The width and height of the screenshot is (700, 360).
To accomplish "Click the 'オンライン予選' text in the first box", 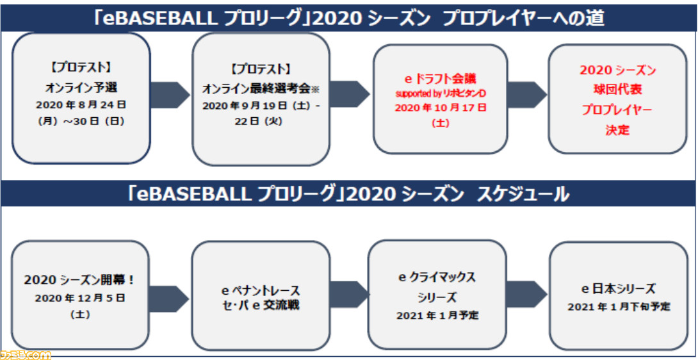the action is [81, 87].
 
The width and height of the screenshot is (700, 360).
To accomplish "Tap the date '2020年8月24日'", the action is [81, 106].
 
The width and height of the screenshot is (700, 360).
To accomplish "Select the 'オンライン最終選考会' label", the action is [256, 89].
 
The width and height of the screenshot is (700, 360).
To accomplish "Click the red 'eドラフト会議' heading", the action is [440, 79].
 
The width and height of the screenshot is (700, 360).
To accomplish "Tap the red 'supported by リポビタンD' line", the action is [440, 94].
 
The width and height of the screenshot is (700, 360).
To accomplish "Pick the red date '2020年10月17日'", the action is [440, 108].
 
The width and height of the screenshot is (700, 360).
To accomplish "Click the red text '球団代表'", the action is [617, 90].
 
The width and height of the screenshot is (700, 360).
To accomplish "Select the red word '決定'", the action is [617, 130].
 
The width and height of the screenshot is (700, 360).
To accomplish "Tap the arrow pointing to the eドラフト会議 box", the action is [350, 94].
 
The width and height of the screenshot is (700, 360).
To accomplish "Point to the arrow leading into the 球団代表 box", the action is [527, 95].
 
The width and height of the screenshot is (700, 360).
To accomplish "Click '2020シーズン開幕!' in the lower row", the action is [79, 280].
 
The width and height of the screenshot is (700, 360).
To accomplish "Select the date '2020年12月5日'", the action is [80, 298].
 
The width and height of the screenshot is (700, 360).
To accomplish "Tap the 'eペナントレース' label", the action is [261, 291].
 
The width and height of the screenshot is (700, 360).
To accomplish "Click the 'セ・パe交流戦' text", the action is [261, 306].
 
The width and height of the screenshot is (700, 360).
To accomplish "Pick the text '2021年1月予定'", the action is [437, 316].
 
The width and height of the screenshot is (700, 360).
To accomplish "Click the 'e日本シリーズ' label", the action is [618, 289].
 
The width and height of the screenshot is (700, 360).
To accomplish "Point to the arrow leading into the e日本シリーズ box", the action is [527, 295].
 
